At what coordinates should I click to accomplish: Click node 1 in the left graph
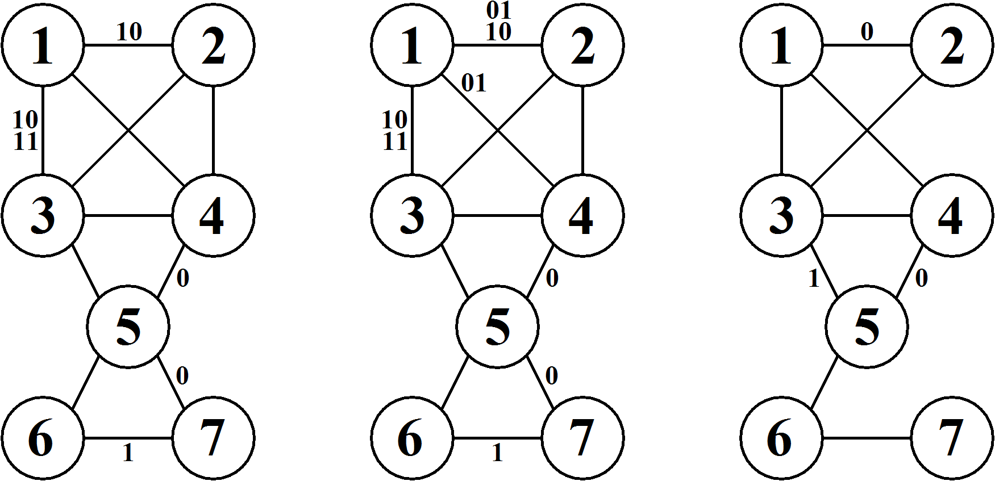[43, 45]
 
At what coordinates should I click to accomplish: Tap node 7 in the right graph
[952, 438]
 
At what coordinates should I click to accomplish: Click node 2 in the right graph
[952, 45]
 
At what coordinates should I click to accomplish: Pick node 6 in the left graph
[43, 438]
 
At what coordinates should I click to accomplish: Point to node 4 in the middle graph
[583, 215]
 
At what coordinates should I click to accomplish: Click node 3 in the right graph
[781, 215]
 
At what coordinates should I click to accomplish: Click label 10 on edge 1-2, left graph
[129, 32]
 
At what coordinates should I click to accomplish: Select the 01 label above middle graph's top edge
[499, 10]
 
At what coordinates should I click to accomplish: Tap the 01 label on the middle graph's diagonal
[473, 83]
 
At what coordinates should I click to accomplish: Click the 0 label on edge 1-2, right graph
[866, 33]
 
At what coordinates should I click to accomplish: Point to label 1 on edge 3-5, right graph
[814, 279]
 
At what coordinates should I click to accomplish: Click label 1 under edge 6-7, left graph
[128, 453]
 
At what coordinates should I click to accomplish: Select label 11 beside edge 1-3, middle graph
[395, 141]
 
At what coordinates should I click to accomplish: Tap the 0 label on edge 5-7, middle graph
[551, 375]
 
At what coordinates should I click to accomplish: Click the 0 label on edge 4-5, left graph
[182, 279]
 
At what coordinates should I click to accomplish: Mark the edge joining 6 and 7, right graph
[867, 438]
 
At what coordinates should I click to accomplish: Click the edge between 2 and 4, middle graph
[583, 131]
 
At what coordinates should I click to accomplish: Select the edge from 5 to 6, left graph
[86, 382]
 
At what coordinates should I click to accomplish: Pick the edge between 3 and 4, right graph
[867, 215]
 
